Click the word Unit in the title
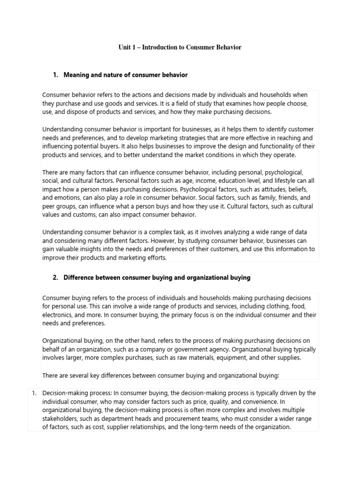124,48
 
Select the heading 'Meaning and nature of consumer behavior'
125,75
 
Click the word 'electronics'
57,315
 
